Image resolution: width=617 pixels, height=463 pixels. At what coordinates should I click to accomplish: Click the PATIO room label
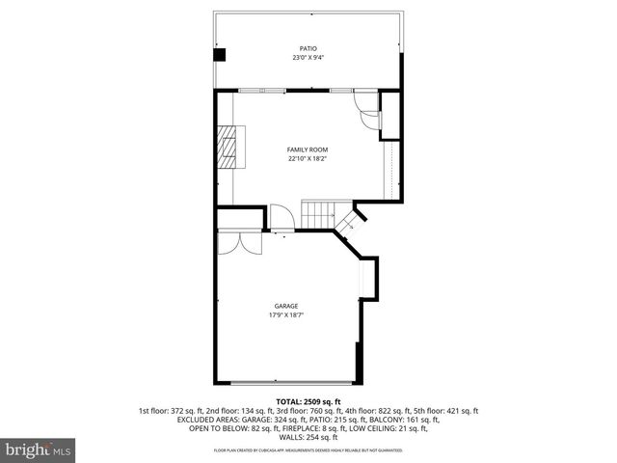tap(308, 48)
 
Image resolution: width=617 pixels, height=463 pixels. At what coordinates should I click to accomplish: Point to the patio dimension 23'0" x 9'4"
tap(308, 58)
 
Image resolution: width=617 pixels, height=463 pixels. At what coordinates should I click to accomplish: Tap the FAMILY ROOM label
tap(308, 150)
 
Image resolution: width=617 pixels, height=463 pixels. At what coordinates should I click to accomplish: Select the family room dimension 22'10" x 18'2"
tap(308, 159)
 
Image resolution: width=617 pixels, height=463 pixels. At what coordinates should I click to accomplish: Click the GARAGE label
tap(283, 306)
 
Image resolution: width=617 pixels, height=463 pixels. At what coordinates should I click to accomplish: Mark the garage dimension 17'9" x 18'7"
tap(283, 315)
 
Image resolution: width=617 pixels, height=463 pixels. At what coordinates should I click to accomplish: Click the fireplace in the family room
tap(230, 148)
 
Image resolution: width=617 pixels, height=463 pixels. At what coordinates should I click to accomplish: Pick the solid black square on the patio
tap(220, 55)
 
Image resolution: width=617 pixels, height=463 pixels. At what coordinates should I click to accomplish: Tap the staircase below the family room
tap(319, 214)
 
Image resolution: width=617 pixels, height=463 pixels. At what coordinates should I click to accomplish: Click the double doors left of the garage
tap(237, 242)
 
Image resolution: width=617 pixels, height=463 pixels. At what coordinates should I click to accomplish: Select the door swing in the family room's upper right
tap(369, 115)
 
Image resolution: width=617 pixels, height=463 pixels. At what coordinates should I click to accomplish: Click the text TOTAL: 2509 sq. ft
tap(308, 401)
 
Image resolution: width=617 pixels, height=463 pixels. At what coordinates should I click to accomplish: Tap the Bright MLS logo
tap(39, 449)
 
